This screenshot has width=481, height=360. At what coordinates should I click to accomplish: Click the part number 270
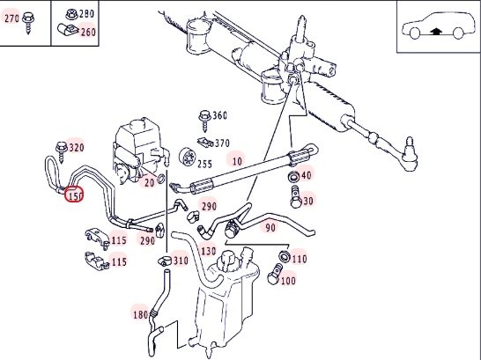pos(11,18)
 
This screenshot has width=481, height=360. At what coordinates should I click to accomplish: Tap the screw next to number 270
pos(28,23)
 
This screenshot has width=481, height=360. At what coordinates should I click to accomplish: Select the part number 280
pos(87,14)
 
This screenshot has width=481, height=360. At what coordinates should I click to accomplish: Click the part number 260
pos(88,32)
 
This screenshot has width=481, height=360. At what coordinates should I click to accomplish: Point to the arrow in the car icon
pos(437,31)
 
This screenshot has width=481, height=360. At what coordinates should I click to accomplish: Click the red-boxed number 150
pos(74,195)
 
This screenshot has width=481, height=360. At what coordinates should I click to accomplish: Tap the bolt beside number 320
pos(62,151)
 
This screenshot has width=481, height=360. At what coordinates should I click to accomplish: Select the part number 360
pos(219,116)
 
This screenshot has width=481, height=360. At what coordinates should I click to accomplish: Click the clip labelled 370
pos(205,142)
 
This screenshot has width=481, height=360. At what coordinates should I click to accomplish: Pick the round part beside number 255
pos(187,157)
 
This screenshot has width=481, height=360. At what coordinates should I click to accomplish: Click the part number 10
pos(237,160)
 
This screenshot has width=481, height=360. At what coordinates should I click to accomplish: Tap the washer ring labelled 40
pos(294,176)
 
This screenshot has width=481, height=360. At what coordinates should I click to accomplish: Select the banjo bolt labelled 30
pos(296,196)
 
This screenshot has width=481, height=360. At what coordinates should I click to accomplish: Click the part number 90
pos(270,228)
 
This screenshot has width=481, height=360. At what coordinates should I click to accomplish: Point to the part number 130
pos(209,251)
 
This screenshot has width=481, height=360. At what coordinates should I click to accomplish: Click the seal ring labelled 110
pos(284,256)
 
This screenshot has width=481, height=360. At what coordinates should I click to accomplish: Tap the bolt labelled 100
pos(274,274)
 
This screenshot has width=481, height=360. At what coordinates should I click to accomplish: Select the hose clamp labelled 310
pos(165,261)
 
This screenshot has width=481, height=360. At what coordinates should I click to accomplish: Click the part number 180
pos(141,314)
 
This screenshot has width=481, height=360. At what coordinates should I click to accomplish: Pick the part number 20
pos(149,183)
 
